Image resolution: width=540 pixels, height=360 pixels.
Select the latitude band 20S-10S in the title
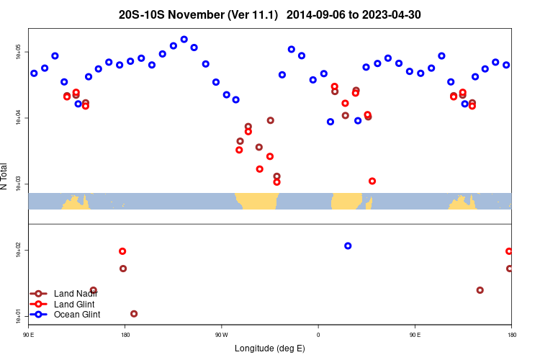143,14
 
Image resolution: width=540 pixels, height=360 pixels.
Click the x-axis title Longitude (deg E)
270,348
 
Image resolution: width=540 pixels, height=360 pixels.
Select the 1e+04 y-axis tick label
19,119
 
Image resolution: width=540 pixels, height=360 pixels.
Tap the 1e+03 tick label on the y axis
19,184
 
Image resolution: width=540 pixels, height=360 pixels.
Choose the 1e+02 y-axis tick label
19,250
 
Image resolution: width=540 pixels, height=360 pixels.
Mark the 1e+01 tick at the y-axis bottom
19,315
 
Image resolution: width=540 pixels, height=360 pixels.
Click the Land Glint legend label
75,304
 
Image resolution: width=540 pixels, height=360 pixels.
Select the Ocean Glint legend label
77,315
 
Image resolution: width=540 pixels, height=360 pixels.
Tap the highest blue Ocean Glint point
184,40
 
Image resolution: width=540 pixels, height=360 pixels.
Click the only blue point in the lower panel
348,246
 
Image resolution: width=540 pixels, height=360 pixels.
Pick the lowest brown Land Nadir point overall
134,314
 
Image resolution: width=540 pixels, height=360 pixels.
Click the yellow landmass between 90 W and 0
257,201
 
